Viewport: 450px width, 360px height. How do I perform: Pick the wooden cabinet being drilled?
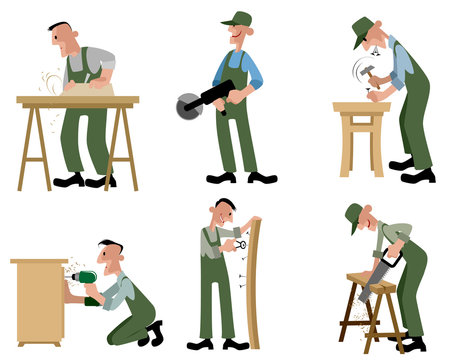coord(38,296)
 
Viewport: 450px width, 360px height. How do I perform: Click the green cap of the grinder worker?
coord(237,19)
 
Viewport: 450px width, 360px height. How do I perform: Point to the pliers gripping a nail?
coord(238,245)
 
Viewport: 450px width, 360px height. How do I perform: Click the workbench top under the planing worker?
coord(77,101)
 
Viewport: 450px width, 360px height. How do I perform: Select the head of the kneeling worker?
coord(110,255)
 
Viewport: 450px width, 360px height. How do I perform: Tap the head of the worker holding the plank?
coord(224,212)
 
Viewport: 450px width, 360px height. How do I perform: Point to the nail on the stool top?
coord(370,97)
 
